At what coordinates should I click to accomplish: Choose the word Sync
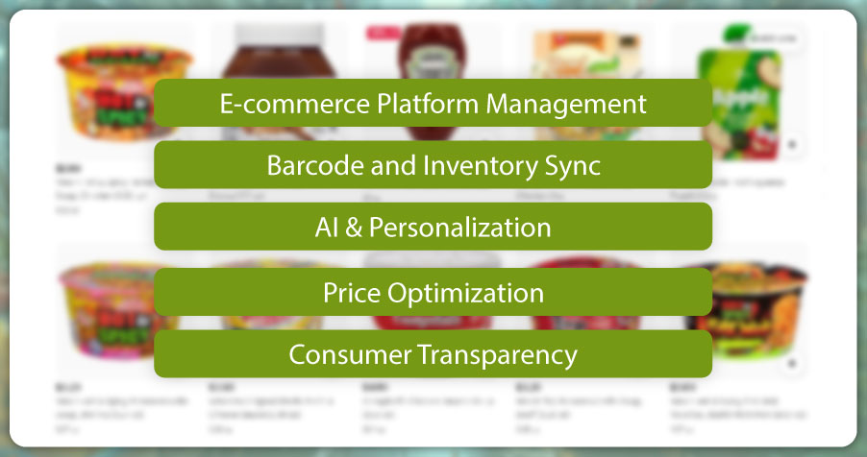pyautogui.click(x=573, y=165)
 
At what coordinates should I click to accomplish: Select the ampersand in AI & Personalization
pyautogui.click(x=355, y=228)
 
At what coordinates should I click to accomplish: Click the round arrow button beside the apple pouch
pyautogui.click(x=793, y=145)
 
